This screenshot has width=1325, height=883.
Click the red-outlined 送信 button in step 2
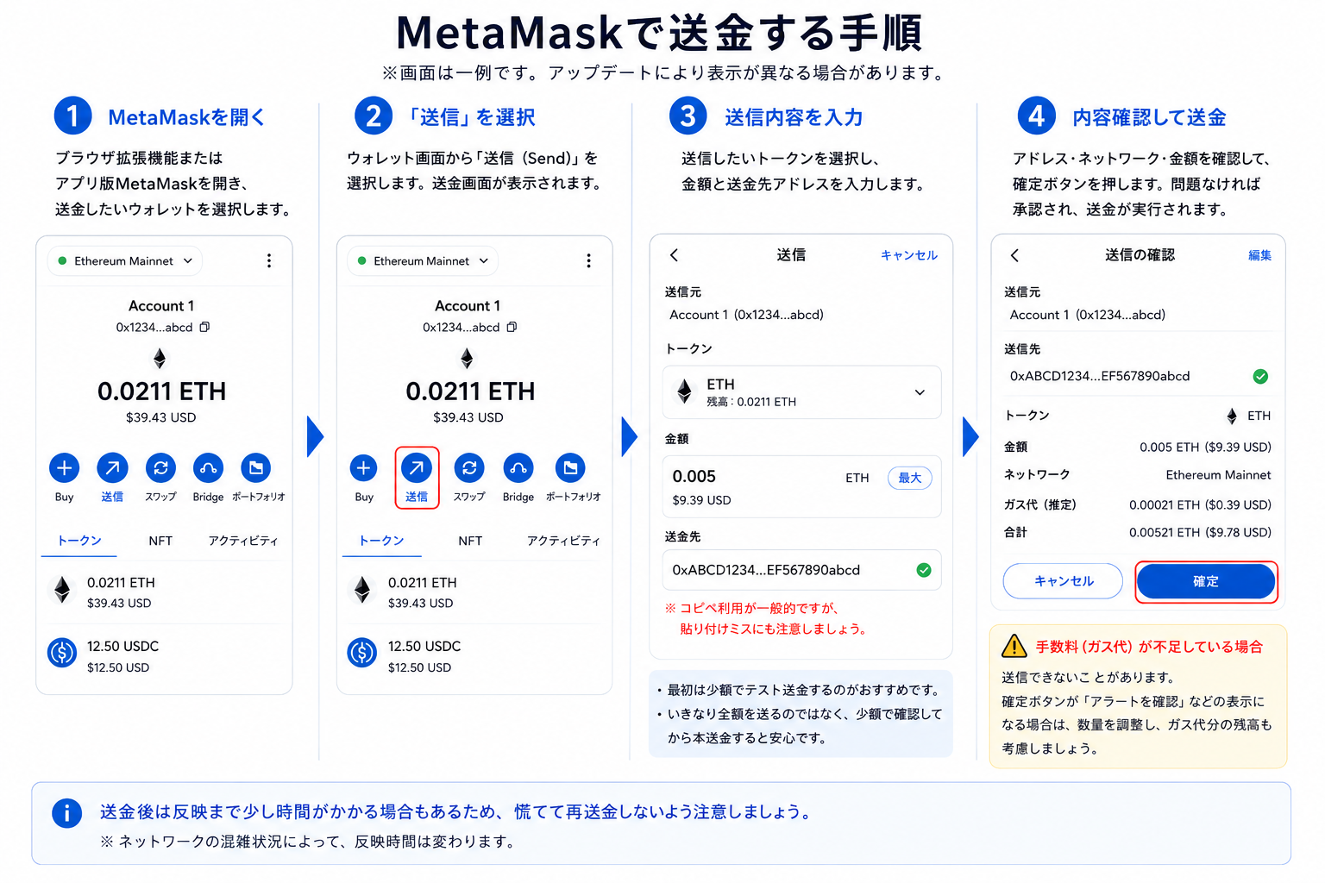[417, 477]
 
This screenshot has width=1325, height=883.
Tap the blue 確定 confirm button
[1205, 581]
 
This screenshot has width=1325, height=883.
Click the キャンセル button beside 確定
[1063, 581]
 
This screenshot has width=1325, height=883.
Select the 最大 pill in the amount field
[909, 478]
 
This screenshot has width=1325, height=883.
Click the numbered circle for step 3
[688, 116]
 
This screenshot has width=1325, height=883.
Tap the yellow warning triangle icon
[1014, 646]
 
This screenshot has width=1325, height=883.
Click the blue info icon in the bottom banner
[66, 813]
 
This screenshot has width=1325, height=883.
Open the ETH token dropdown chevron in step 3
[920, 392]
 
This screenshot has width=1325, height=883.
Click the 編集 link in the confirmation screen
[1259, 255]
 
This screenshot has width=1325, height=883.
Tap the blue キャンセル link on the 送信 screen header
[908, 255]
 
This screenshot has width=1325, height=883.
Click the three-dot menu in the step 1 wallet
[269, 260]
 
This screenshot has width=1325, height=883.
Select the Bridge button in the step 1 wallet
[208, 468]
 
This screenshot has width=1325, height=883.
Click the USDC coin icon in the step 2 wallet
[362, 653]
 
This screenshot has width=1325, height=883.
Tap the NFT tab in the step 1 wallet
[160, 541]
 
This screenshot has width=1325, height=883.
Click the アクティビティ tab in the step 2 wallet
[563, 541]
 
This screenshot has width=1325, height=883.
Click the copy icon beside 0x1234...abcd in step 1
[204, 327]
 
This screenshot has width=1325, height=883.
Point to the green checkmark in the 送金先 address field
[923, 570]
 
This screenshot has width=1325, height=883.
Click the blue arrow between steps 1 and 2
[315, 437]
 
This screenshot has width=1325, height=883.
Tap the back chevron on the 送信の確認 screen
[1015, 255]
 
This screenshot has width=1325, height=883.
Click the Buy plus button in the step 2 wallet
[364, 468]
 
